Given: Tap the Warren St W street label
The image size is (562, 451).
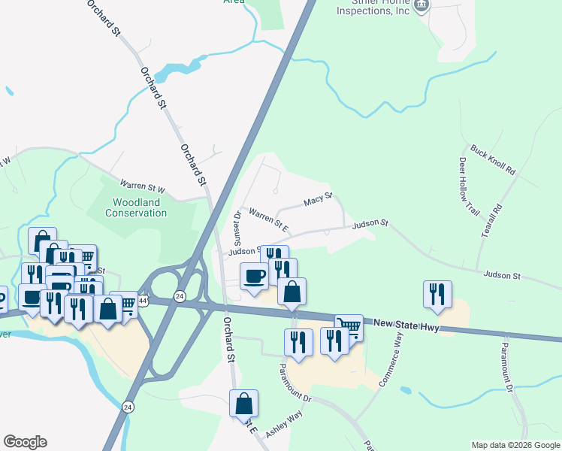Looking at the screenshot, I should (142, 185).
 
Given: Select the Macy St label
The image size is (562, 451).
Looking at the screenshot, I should (318, 201).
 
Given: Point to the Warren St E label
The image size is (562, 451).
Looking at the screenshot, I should (269, 219).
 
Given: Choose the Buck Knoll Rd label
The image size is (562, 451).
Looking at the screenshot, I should (493, 160).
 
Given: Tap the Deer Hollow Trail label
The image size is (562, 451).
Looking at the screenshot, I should (468, 186).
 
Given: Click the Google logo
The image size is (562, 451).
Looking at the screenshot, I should (25, 442).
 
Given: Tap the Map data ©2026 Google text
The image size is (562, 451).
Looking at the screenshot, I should (515, 445).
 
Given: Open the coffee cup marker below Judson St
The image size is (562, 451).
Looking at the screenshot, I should (253, 276).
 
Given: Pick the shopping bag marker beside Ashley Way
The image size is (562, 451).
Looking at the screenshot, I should (243, 403).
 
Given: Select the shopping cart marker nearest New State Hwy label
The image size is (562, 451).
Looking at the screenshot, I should (349, 327).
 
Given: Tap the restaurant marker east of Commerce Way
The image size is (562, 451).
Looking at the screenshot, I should (437, 294).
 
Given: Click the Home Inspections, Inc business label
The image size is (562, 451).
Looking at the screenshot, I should (373, 8).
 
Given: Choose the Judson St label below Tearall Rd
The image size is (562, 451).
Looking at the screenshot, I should (502, 276).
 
